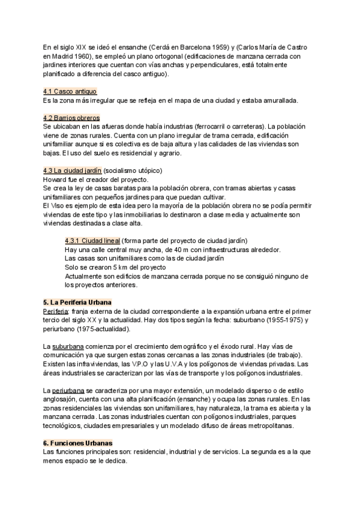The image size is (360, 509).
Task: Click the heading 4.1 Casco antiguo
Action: coord(70,91)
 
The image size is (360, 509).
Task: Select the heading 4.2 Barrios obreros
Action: coord(71,118)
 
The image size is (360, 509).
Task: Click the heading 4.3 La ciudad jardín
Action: coord(73,170)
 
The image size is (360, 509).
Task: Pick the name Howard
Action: coord(55,179)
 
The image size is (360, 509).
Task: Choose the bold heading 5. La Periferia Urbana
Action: coord(77,303)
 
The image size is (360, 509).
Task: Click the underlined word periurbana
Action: coord(70,390)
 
